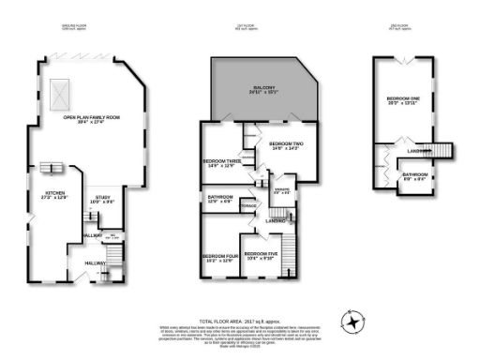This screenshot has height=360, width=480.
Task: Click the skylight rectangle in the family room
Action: tap(58, 92)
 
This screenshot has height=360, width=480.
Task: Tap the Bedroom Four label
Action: tap(217, 259)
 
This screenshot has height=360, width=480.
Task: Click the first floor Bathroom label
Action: tap(218, 199)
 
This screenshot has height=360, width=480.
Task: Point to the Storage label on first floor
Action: tap(248, 206)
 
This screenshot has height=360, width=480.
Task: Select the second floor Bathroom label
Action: tap(415, 175)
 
